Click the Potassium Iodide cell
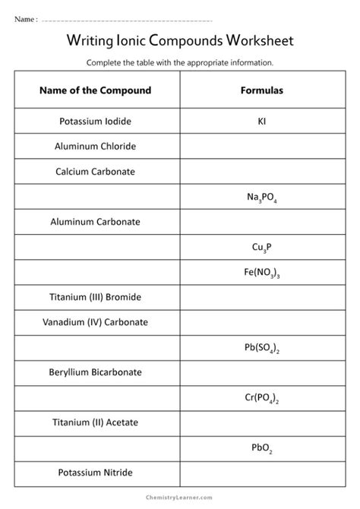(95, 120)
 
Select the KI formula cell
(261, 120)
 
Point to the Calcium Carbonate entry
(95, 171)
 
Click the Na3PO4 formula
(261, 197)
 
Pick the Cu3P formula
(261, 247)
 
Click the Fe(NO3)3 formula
(261, 272)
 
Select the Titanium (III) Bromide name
(95, 296)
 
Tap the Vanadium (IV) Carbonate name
(95, 321)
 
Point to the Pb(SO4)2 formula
(261, 347)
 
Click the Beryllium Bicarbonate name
(95, 372)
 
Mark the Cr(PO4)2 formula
(261, 397)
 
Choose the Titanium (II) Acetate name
(95, 422)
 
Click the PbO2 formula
(261, 447)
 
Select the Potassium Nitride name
(95, 472)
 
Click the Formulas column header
(261, 90)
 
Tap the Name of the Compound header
(95, 90)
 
